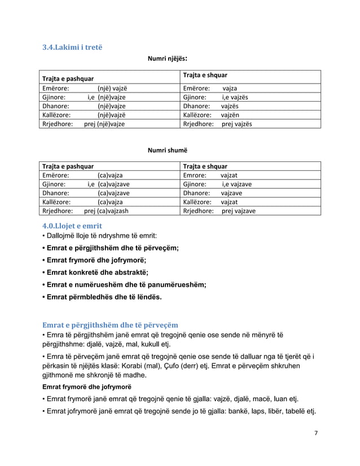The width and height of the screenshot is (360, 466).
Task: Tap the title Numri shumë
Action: point(167,151)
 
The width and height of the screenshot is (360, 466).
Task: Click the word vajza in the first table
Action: point(230,89)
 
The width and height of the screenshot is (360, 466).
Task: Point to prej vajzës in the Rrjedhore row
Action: point(236,124)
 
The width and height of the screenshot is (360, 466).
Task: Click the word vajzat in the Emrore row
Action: point(229,175)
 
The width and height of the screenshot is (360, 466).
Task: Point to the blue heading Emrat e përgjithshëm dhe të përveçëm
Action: point(110,325)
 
